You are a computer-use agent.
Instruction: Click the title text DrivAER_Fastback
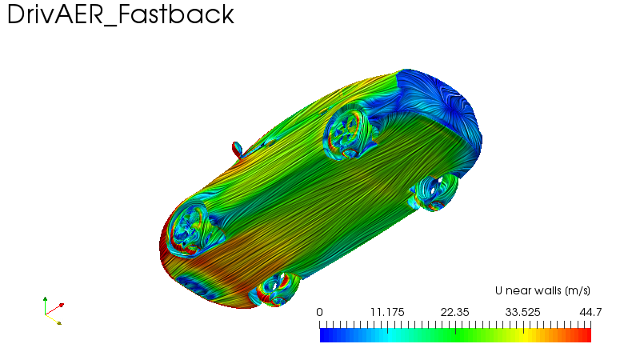121,14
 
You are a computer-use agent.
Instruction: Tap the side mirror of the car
237,150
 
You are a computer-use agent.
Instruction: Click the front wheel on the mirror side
193,231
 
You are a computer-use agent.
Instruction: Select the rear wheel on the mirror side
347,132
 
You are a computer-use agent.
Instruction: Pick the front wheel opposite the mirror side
274,290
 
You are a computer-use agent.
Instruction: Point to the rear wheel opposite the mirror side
434,192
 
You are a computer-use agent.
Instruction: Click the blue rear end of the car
441,110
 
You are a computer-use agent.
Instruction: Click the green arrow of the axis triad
45,306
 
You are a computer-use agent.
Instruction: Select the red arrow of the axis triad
54,310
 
